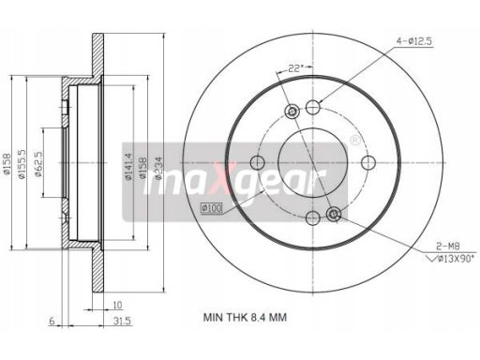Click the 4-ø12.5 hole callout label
pyautogui.click(x=414, y=41)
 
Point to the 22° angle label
pyautogui.click(x=295, y=68)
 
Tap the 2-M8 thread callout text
pyautogui.click(x=448, y=247)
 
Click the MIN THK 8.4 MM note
pyautogui.click(x=245, y=318)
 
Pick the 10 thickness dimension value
pyautogui.click(x=117, y=305)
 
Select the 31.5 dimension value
pyautogui.click(x=122, y=321)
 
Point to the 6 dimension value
pyautogui.click(x=52, y=321)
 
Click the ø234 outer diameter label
pyautogui.click(x=158, y=168)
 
